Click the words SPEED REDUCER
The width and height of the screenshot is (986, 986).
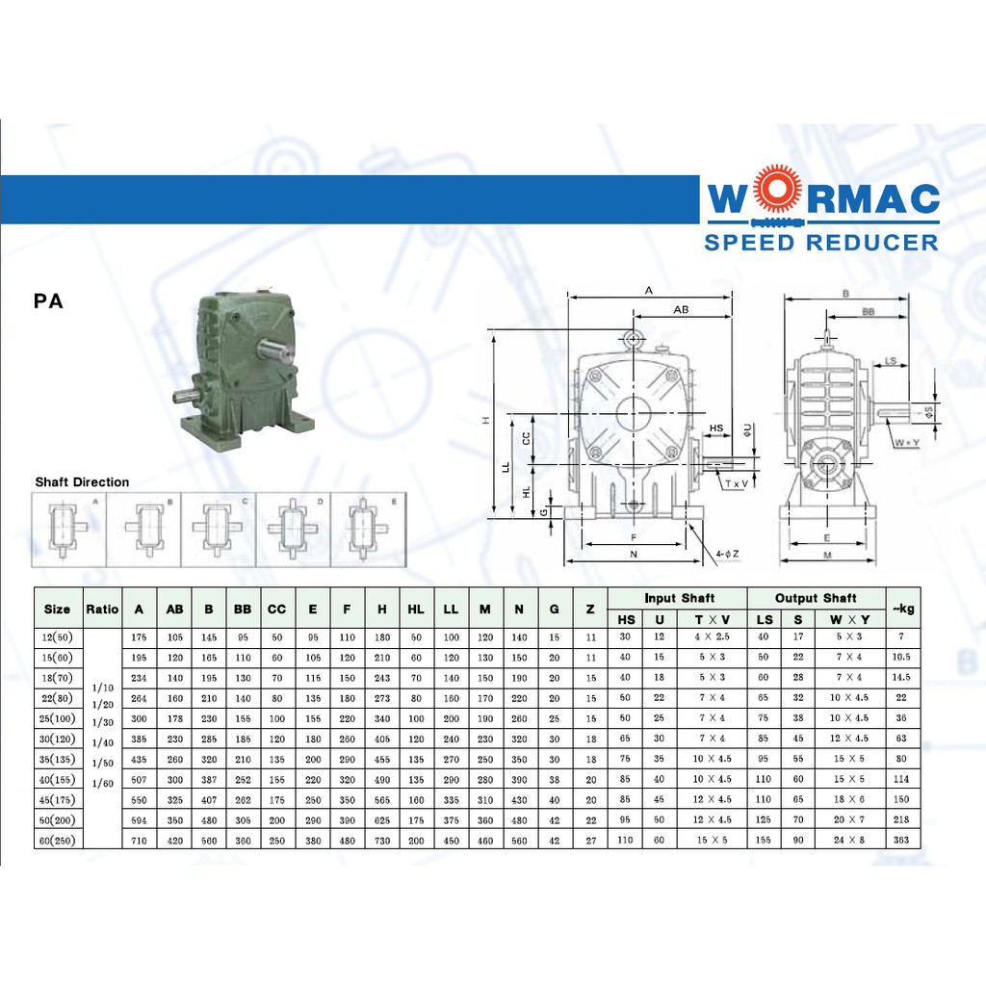pos(821,242)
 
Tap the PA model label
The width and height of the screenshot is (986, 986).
pos(48,301)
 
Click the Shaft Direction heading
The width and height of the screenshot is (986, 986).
pos(82,482)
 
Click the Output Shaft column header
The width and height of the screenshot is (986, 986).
pos(816,598)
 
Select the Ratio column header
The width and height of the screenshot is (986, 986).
pos(102,609)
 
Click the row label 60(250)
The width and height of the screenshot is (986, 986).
pos(58,841)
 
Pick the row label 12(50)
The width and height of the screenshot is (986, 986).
pos(58,637)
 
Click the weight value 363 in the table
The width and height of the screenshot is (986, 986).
pos(902,841)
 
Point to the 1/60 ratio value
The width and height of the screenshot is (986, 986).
pos(102,784)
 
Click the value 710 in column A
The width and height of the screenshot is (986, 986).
pos(140,841)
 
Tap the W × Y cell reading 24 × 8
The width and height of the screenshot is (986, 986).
pos(850,841)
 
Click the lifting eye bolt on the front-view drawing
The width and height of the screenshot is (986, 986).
pos(633,339)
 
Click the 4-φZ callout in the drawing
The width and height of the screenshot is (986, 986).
pos(728,554)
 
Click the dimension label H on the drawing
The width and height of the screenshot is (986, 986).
pos(487,420)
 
